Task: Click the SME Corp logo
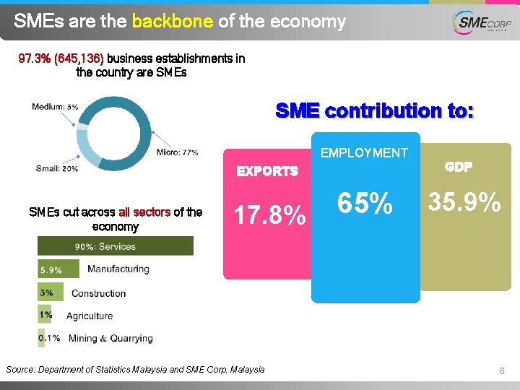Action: pyautogui.click(x=480, y=23)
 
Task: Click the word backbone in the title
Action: pyautogui.click(x=172, y=22)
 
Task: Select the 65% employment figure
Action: pyautogui.click(x=365, y=205)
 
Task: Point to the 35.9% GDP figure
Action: pyautogui.click(x=465, y=202)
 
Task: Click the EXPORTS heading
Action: pyautogui.click(x=267, y=171)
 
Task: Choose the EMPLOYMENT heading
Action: pyautogui.click(x=364, y=152)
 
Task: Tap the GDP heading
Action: pyautogui.click(x=459, y=166)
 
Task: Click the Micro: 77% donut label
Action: pyautogui.click(x=177, y=152)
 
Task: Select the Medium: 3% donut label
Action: pyautogui.click(x=56, y=107)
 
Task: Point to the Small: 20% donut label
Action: pyautogui.click(x=56, y=169)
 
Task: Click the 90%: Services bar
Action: pyautogui.click(x=116, y=246)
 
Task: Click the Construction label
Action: pyautogui.click(x=98, y=293)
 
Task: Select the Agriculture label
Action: pyautogui.click(x=90, y=316)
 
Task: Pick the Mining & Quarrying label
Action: pyautogui.click(x=110, y=338)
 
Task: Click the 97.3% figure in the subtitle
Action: pyautogui.click(x=35, y=58)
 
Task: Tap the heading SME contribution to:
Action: pyautogui.click(x=374, y=110)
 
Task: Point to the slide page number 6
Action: pyautogui.click(x=501, y=370)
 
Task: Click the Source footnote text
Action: pyautogui.click(x=135, y=370)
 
